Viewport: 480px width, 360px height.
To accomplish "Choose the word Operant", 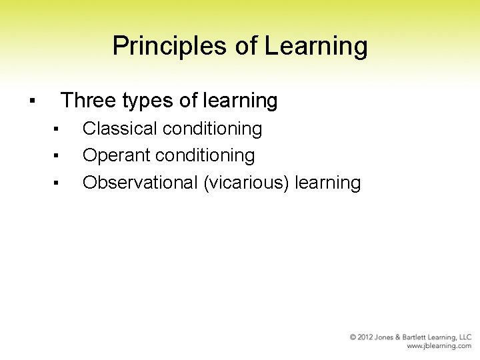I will [x=117, y=155].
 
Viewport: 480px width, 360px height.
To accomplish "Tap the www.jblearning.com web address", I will [x=439, y=347].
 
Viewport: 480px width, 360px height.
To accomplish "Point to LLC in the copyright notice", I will [x=464, y=338].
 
